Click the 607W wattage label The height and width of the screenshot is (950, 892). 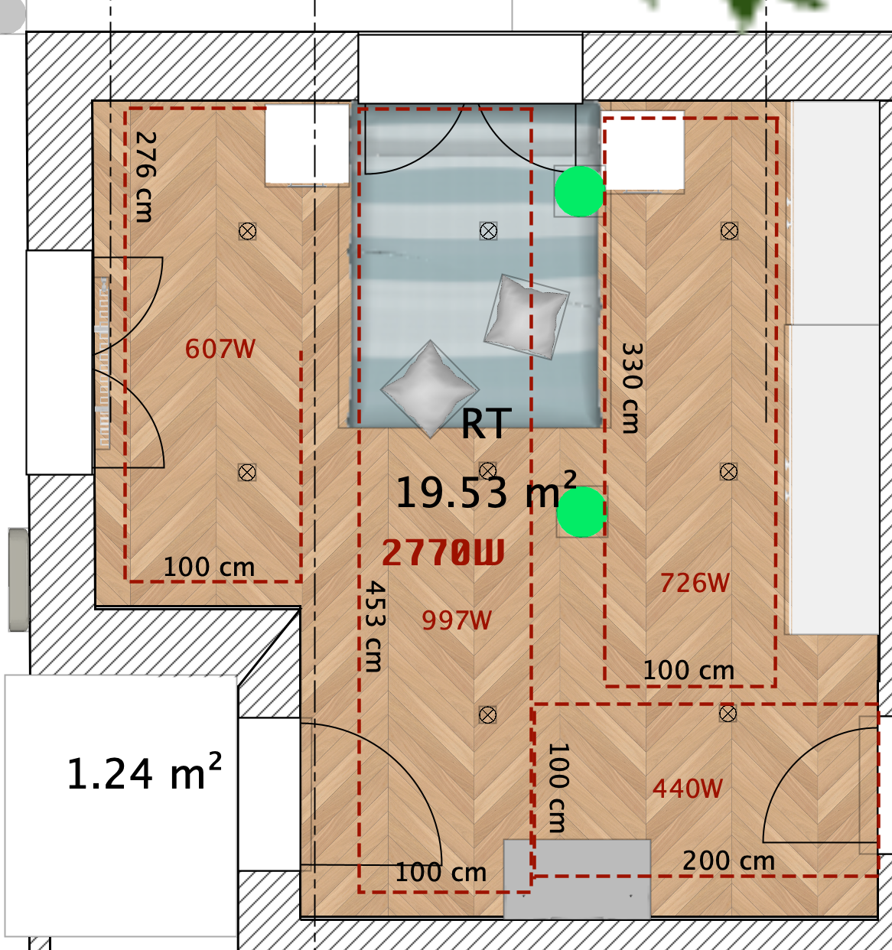coord(220,349)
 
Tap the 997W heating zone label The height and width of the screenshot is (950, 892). coord(457,620)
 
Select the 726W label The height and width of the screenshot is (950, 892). coord(695,583)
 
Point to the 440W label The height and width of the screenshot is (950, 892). coord(688,789)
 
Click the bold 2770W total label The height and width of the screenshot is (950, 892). coord(443,553)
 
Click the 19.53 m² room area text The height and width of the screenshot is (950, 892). coord(487,491)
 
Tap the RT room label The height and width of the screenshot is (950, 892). coord(487,423)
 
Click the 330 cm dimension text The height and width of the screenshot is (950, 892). coord(631,388)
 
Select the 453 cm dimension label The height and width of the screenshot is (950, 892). coord(374,626)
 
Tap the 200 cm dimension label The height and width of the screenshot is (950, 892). coord(728,861)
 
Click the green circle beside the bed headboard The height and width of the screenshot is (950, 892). coord(580,191)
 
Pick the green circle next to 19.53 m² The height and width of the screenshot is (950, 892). coord(582,512)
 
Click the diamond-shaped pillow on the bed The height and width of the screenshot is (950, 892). coord(430,389)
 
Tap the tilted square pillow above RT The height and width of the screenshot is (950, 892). coord(526,317)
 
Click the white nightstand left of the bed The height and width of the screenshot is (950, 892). coord(308,144)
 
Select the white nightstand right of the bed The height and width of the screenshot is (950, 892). coord(644,151)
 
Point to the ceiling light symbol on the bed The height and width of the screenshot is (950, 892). coord(488,231)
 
